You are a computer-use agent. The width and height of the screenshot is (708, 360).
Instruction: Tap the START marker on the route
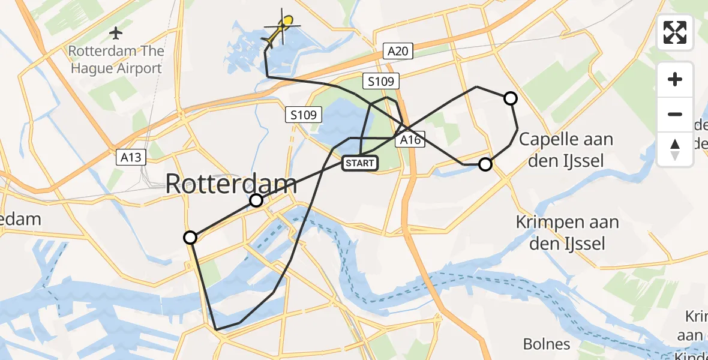[360, 163]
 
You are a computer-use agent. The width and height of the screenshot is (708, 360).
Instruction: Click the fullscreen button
[675, 32]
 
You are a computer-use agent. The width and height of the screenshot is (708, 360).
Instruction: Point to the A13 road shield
[130, 158]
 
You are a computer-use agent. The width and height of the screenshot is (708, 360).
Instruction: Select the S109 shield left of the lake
[305, 115]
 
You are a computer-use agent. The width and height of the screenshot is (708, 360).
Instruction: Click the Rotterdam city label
[231, 184]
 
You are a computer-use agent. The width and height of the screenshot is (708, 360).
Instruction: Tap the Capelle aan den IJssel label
[566, 149]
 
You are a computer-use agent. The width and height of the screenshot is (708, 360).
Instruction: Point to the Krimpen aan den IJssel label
[567, 232]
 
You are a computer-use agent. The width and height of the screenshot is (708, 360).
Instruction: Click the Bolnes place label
[547, 344]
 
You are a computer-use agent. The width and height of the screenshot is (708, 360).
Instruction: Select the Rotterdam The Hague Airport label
[116, 59]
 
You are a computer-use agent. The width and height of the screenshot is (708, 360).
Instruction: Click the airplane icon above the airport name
[116, 31]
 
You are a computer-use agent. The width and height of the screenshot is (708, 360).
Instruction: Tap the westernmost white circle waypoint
[190, 238]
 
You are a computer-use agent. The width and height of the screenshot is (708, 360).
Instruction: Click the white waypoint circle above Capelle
[510, 98]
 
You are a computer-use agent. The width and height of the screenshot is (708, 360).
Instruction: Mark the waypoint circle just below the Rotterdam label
[256, 200]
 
